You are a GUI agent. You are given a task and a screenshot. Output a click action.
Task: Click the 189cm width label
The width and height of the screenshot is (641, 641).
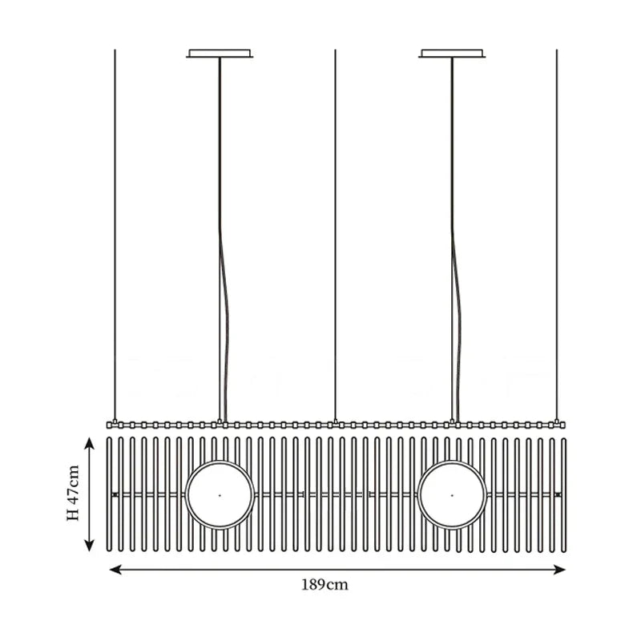[325, 585]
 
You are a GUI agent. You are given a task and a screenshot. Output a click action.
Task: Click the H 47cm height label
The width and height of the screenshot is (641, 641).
[73, 493]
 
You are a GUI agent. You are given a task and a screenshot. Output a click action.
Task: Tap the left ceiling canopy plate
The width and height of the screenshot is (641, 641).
[220, 54]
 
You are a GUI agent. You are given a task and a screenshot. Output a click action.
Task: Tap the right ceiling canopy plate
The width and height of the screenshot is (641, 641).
[452, 54]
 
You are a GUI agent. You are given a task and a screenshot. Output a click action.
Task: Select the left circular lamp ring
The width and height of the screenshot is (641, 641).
[220, 495]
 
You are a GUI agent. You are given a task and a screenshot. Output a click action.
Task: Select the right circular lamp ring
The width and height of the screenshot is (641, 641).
[452, 495]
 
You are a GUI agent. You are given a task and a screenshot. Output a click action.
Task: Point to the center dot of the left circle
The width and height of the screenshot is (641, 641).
[220, 495]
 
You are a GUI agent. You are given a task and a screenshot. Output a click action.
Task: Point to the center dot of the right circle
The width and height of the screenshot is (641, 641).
[452, 495]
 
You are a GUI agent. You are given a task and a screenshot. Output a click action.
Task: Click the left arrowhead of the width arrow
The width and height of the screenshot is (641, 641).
[115, 570]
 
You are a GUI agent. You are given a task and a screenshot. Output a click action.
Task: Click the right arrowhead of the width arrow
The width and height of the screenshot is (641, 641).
[559, 570]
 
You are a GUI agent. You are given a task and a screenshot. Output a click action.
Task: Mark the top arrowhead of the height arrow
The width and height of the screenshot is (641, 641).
[89, 443]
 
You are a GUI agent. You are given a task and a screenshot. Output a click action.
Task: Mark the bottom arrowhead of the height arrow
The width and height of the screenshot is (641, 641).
[89, 546]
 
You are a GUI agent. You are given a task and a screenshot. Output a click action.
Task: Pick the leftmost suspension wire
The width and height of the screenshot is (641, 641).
[115, 235]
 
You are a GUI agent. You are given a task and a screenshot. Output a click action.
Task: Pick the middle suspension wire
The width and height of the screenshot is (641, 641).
[335, 235]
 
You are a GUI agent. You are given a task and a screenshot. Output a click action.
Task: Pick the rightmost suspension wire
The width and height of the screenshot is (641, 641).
[556, 235]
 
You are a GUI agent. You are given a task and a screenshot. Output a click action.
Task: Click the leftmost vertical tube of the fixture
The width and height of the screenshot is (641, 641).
[109, 494]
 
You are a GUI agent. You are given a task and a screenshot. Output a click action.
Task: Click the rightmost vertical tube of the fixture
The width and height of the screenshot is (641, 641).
[564, 494]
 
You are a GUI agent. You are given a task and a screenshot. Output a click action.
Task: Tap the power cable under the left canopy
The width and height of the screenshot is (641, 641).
[223, 240]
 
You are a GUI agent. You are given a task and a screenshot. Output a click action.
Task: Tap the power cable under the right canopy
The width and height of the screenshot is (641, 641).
[455, 240]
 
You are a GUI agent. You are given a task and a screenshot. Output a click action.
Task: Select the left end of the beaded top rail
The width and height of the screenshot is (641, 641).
[109, 425]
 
